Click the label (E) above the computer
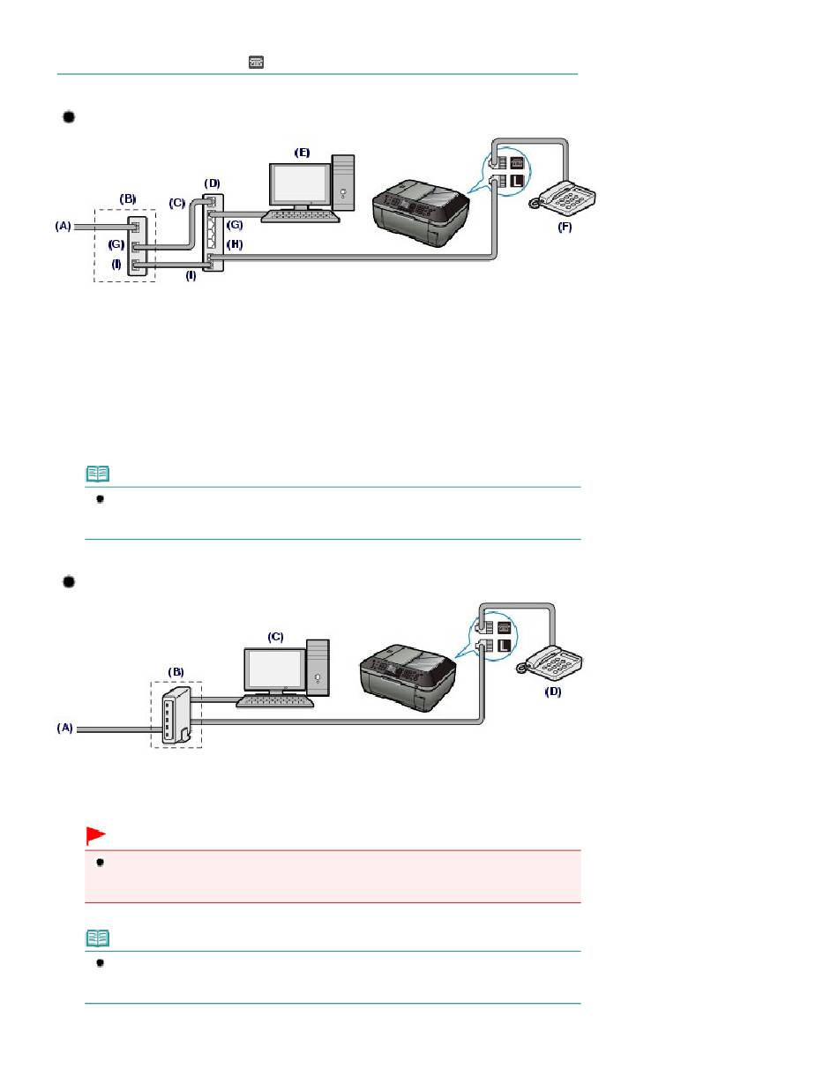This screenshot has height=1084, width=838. tap(302, 153)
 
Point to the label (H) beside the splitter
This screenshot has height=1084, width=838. tap(235, 243)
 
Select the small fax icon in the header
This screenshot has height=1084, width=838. tap(257, 62)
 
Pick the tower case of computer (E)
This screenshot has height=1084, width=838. tap(343, 183)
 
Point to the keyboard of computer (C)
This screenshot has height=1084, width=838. tap(275, 701)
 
